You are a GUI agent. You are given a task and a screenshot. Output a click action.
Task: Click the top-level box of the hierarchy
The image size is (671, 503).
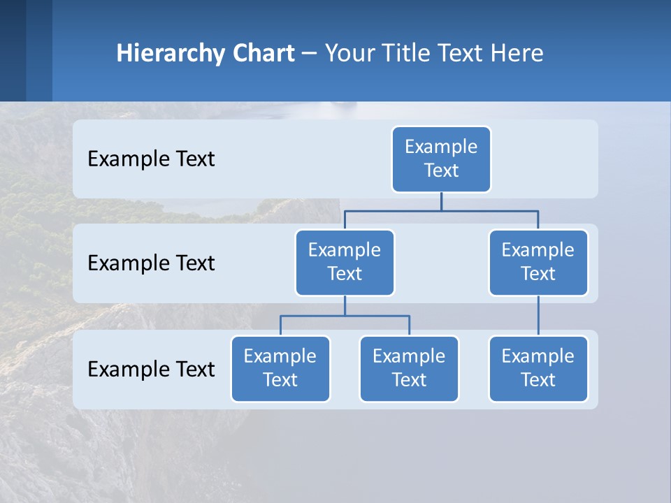click(x=441, y=159)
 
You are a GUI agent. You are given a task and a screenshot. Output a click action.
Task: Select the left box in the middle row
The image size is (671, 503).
click(x=345, y=262)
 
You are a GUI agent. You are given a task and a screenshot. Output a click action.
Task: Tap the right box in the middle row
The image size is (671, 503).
click(x=538, y=262)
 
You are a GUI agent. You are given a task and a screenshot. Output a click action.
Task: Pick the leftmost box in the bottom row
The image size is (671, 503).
click(x=280, y=368)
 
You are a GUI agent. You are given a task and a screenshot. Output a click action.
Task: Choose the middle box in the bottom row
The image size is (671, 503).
click(x=409, y=368)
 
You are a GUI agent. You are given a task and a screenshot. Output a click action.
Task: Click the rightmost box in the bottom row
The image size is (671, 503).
click(x=538, y=368)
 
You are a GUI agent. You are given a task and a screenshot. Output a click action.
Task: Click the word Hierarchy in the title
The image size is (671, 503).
click(x=171, y=53)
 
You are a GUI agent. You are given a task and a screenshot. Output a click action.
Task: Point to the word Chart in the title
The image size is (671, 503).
click(x=263, y=53)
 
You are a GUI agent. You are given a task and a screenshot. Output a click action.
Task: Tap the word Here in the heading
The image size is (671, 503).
click(x=517, y=53)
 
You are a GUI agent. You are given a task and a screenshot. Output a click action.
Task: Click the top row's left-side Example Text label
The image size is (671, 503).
click(x=151, y=159)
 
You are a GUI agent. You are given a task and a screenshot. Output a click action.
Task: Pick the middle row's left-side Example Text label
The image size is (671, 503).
click(x=151, y=263)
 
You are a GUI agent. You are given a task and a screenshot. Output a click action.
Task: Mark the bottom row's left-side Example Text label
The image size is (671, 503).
click(x=151, y=370)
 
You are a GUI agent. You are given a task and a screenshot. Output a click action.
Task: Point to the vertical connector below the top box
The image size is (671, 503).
click(x=441, y=201)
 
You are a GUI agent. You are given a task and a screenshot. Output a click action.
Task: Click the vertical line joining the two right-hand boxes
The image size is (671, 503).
click(x=538, y=315)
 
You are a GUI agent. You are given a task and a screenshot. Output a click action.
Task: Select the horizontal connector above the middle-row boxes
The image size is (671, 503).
click(x=441, y=210)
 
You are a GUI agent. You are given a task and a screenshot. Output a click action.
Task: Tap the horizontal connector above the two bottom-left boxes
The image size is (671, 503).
click(x=345, y=316)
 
